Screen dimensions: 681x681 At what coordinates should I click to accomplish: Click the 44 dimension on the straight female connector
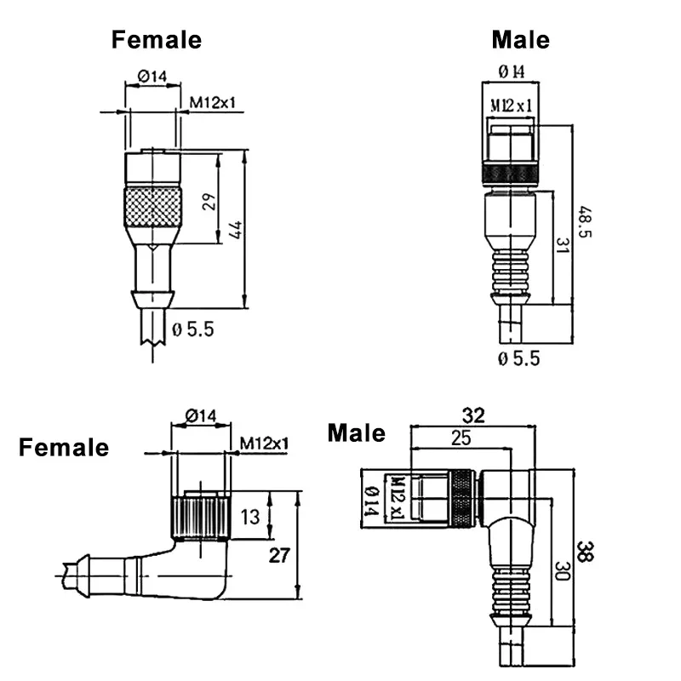pyautogui.click(x=236, y=230)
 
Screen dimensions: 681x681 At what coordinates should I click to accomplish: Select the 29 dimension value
pyautogui.click(x=209, y=202)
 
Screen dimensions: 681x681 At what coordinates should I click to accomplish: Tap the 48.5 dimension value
pyautogui.click(x=585, y=221)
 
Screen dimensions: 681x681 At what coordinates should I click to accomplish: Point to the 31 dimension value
pyautogui.click(x=563, y=246)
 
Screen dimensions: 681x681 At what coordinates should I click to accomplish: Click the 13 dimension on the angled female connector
pyautogui.click(x=250, y=517)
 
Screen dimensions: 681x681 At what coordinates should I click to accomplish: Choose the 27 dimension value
pyautogui.click(x=279, y=555)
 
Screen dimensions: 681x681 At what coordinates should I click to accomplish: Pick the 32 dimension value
pyautogui.click(x=473, y=415)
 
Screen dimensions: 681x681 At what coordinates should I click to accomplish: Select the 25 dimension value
pyautogui.click(x=461, y=438)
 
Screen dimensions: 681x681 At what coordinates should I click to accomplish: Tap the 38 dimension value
pyautogui.click(x=586, y=552)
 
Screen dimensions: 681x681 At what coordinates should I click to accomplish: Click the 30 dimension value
pyautogui.click(x=563, y=571)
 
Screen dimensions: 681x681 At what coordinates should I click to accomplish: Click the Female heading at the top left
pyautogui.click(x=157, y=39)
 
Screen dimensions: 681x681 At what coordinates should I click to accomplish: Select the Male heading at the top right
pyautogui.click(x=521, y=40)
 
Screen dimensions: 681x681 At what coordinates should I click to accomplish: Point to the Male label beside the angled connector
pyautogui.click(x=357, y=433)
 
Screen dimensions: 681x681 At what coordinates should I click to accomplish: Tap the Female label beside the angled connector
pyautogui.click(x=64, y=448)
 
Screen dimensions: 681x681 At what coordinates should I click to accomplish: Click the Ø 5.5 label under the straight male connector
pyautogui.click(x=519, y=358)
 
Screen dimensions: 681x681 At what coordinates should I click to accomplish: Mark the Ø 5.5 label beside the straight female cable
pyautogui.click(x=193, y=329)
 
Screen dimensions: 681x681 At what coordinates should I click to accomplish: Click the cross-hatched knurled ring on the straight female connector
pyautogui.click(x=153, y=207)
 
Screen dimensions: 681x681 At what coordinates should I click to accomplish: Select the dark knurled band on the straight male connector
pyautogui.click(x=511, y=174)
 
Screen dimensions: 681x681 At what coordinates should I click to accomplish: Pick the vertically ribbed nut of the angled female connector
pyautogui.click(x=200, y=518)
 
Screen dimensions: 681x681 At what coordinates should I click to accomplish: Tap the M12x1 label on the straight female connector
pyautogui.click(x=212, y=102)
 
